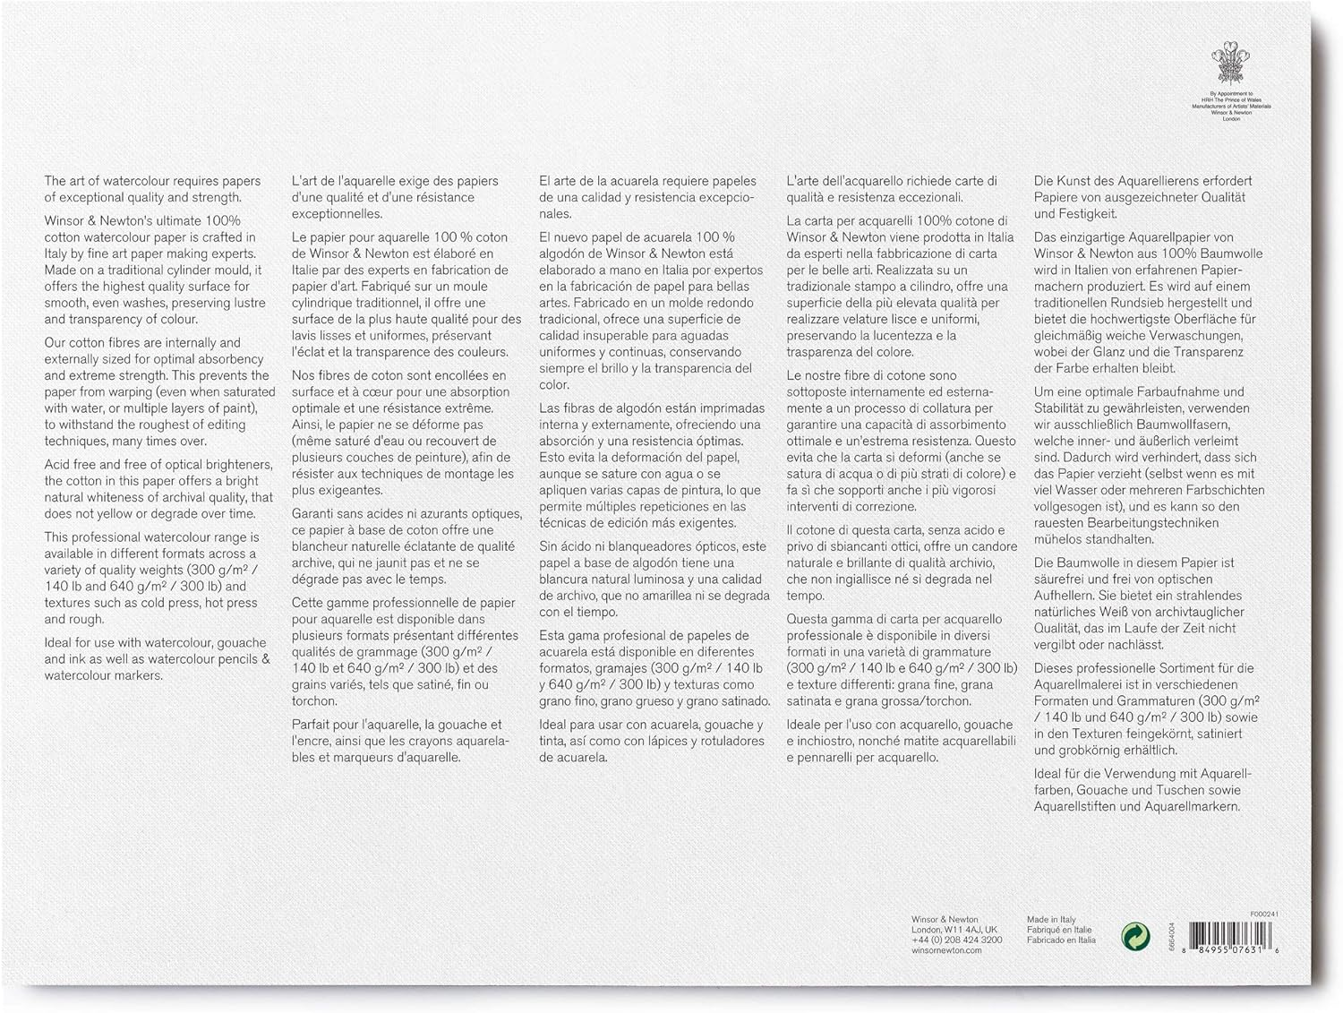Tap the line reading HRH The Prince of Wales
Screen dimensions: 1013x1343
pos(1230,99)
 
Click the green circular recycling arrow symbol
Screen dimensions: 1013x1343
pos(1135,937)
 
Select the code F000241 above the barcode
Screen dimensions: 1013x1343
pos(1264,914)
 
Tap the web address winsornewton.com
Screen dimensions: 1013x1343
pos(946,949)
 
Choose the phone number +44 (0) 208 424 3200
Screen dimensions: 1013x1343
pos(956,940)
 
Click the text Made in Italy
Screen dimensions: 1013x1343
pos(1051,920)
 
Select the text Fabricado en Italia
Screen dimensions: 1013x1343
pos(1061,940)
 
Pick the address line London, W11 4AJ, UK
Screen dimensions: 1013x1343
pos(954,930)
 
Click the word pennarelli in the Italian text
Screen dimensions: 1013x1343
pos(817,757)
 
